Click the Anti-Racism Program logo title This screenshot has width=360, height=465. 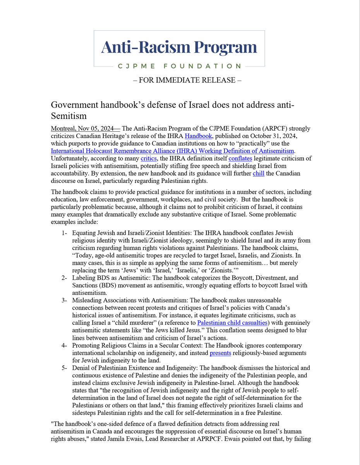179,47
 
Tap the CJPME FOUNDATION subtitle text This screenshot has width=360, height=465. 179,66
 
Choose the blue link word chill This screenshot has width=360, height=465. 259,173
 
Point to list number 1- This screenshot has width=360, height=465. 64,233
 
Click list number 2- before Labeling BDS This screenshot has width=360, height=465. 64,278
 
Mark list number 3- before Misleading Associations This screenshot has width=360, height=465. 64,300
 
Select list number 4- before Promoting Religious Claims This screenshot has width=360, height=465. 64,345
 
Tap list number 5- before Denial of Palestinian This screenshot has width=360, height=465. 64,368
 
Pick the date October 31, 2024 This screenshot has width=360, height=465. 267,136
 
